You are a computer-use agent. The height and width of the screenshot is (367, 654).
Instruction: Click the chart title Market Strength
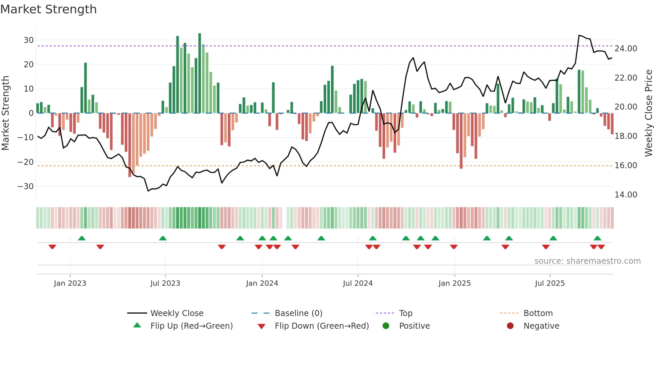(x=48, y=9)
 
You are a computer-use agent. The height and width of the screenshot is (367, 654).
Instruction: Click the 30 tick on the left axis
(x=28, y=40)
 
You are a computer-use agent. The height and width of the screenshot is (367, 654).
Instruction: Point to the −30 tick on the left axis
(x=26, y=186)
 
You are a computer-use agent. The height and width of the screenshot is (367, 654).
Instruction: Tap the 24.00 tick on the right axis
(x=626, y=49)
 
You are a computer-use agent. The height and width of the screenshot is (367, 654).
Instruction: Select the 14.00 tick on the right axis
(x=626, y=194)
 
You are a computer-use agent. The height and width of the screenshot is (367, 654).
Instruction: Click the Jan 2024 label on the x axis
(x=262, y=283)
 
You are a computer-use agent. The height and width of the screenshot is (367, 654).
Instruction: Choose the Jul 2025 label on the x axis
(x=550, y=283)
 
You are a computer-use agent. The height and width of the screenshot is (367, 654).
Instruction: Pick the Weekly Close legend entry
(x=177, y=313)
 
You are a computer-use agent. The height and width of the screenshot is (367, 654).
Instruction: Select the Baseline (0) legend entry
(x=298, y=313)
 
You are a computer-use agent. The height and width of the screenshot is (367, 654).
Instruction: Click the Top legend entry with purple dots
(x=405, y=313)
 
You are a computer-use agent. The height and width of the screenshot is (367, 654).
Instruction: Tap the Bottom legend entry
(x=538, y=313)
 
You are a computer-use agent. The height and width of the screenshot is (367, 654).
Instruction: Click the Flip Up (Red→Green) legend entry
(x=191, y=326)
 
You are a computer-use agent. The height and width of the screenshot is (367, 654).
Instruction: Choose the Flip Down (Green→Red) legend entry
(x=322, y=326)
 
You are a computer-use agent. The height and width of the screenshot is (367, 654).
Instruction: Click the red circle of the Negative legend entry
(x=510, y=326)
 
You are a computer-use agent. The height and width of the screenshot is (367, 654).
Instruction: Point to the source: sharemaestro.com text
(x=587, y=261)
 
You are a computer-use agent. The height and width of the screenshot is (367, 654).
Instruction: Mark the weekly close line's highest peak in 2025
(x=579, y=35)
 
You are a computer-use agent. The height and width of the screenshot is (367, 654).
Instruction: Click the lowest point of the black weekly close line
(x=148, y=191)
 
